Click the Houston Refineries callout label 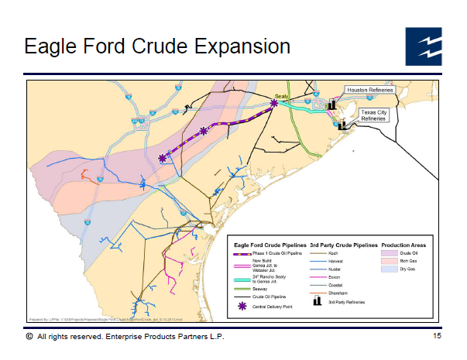tap(369, 90)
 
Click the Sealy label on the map tap(282, 94)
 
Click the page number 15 tap(438, 337)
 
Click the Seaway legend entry tap(259, 288)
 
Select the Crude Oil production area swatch tap(389, 253)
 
